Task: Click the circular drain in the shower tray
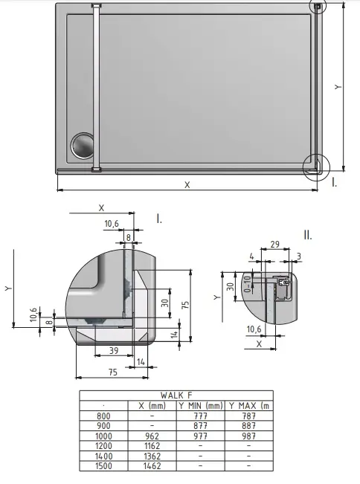tap(83, 146)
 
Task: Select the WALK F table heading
tap(176, 396)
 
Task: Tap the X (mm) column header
tap(151, 406)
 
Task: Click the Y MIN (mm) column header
tap(200, 406)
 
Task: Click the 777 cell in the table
tap(200, 416)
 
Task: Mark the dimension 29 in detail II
tap(274, 245)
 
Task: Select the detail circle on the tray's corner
tap(315, 166)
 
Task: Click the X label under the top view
tap(187, 185)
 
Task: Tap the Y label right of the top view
tap(338, 86)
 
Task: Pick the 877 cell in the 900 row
tap(200, 426)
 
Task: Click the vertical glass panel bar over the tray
tap(95, 88)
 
